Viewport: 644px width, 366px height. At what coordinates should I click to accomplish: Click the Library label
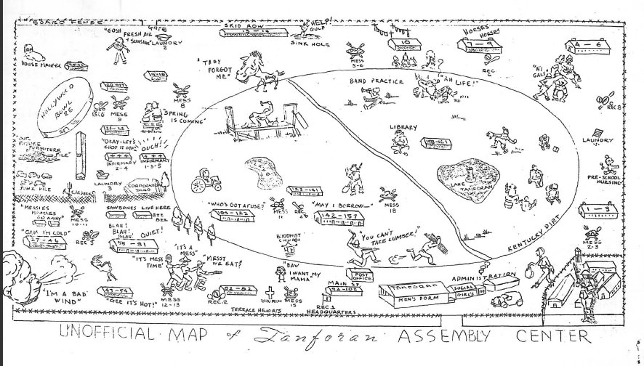403,128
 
